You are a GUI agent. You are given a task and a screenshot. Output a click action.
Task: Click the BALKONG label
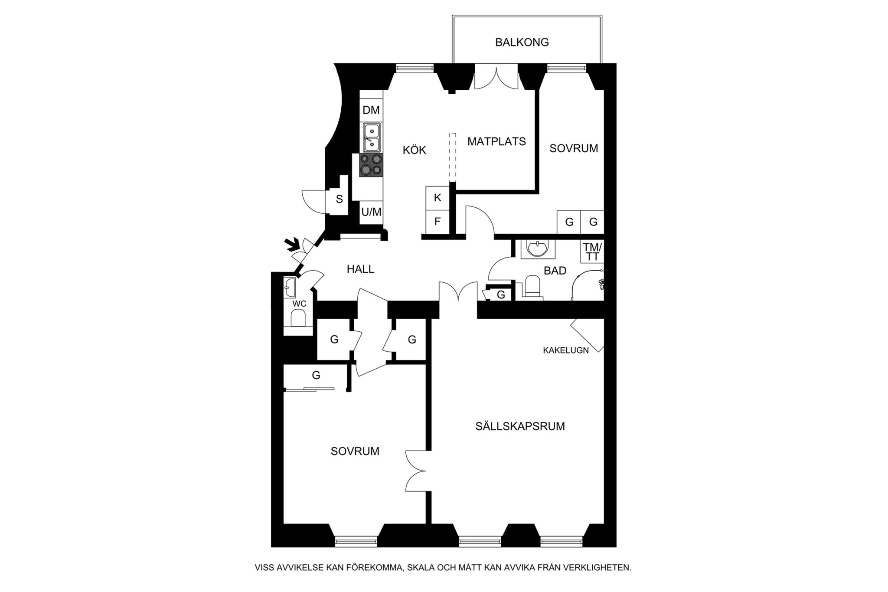pyautogui.click(x=522, y=42)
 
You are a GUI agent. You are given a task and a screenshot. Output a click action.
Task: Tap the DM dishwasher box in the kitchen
pyautogui.click(x=371, y=110)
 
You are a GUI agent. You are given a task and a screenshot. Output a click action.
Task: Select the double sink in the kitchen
pyautogui.click(x=372, y=137)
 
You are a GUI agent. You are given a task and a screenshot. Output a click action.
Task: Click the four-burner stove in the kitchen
pyautogui.click(x=371, y=165)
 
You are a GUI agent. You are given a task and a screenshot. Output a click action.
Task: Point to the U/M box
pyautogui.click(x=371, y=212)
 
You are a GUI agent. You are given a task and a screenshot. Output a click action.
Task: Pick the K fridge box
pyautogui.click(x=437, y=198)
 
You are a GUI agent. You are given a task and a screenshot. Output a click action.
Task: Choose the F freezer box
pyautogui.click(x=437, y=222)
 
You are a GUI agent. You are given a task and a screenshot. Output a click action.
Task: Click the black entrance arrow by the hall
pyautogui.click(x=292, y=245)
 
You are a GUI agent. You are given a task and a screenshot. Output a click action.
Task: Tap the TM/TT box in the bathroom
pyautogui.click(x=592, y=252)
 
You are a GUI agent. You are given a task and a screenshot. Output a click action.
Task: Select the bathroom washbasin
pyautogui.click(x=537, y=249)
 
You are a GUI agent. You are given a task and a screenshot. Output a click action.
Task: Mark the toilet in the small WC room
pyautogui.click(x=298, y=320)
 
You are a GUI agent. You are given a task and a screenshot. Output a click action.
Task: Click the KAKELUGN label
pyautogui.click(x=565, y=350)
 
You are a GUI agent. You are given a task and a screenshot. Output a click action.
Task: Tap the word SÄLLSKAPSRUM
pyautogui.click(x=520, y=426)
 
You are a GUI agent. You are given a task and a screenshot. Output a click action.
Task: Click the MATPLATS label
pyautogui.click(x=496, y=141)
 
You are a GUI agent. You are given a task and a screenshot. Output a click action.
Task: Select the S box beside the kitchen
pyautogui.click(x=339, y=199)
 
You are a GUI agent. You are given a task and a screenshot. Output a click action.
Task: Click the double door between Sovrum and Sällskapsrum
pyautogui.click(x=416, y=471)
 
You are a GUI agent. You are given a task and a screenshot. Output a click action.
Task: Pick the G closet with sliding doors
pyautogui.click(x=316, y=376)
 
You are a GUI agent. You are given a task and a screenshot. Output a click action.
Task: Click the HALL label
pyautogui.click(x=360, y=269)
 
